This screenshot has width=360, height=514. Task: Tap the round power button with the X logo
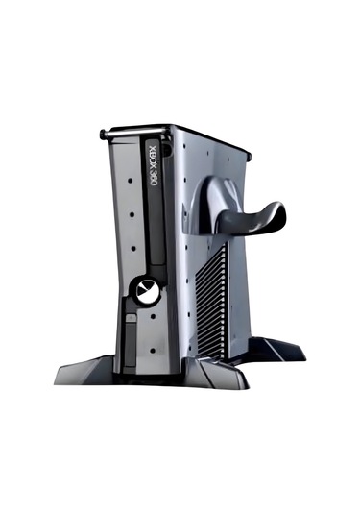coord(147,292)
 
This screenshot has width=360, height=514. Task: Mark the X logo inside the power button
coord(147,292)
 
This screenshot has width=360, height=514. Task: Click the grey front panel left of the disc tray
coord(123,221)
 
